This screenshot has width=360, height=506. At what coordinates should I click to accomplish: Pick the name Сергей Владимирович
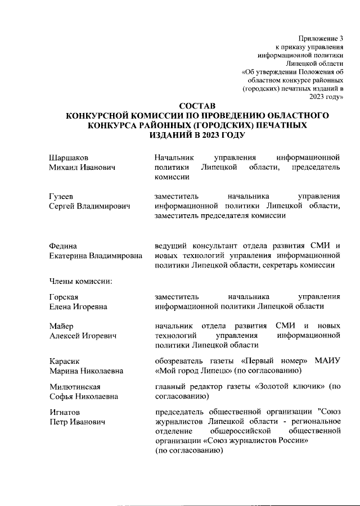(x=89, y=207)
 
